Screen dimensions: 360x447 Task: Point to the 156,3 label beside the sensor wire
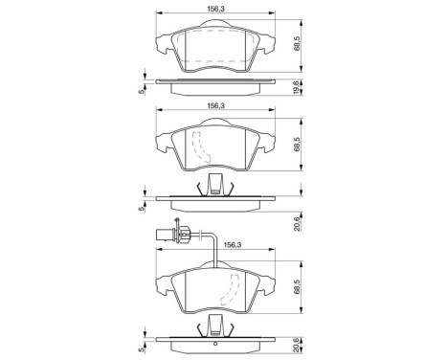(231, 244)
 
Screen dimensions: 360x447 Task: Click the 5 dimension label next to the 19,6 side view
(142, 91)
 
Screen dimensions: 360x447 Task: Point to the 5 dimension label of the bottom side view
(142, 351)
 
